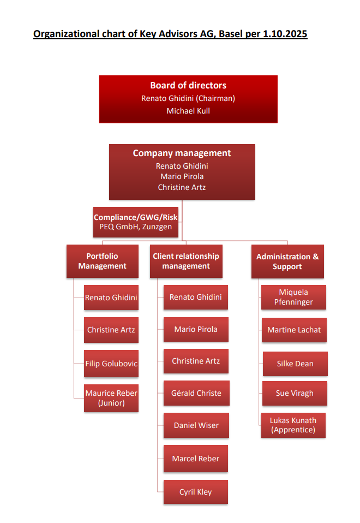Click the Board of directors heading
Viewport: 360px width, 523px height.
[x=188, y=85]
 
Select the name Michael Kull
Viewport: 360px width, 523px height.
[x=188, y=111]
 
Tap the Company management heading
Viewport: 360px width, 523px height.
[x=182, y=153]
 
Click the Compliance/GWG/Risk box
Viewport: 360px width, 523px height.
[x=135, y=222]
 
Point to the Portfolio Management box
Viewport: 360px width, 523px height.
[x=102, y=261]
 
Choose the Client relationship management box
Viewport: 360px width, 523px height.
[x=186, y=261]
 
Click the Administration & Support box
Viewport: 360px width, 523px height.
[x=287, y=261]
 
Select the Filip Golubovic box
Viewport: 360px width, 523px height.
[x=111, y=364]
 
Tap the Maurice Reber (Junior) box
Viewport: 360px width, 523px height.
[x=111, y=398]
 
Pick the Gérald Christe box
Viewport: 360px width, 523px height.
[x=196, y=393]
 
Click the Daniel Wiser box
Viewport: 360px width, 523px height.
[x=196, y=425]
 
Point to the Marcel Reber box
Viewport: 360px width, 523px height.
[x=196, y=459]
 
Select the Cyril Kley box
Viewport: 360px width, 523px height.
[x=196, y=492]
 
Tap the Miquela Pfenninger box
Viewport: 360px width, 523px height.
[x=293, y=297]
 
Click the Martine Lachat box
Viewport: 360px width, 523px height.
[x=294, y=330]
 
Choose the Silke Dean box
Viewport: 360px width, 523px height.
[x=295, y=364]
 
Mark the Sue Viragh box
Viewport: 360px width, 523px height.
[x=295, y=393]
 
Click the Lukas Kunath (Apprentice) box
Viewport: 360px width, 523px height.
[x=293, y=425]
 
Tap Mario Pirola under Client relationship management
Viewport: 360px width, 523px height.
[x=196, y=329]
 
